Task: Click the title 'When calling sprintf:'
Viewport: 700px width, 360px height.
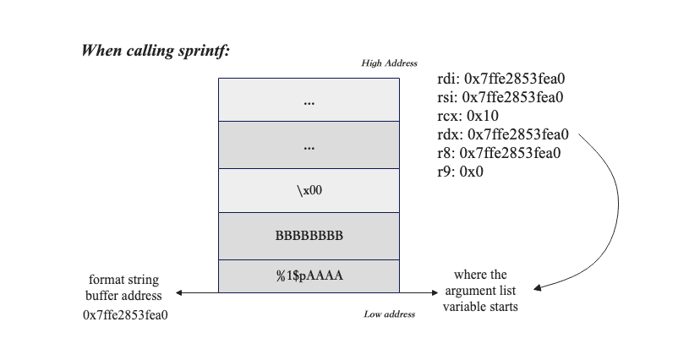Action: tap(156, 50)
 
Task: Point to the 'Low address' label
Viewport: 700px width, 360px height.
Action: tap(390, 314)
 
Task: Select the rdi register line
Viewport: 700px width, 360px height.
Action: tap(501, 79)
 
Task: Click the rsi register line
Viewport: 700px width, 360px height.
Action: tap(500, 98)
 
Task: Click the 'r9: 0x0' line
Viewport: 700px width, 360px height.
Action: tap(461, 172)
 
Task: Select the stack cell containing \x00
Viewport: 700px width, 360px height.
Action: tap(309, 191)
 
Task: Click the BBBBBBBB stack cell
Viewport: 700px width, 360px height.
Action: tap(309, 236)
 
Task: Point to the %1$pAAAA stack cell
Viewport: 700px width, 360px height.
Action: tap(309, 276)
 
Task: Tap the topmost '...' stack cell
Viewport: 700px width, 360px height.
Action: tap(309, 101)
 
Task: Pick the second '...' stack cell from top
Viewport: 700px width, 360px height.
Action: tap(309, 145)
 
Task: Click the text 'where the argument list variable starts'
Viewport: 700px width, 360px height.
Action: tap(480, 291)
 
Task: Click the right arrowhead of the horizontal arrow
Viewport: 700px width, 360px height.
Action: tap(435, 293)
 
